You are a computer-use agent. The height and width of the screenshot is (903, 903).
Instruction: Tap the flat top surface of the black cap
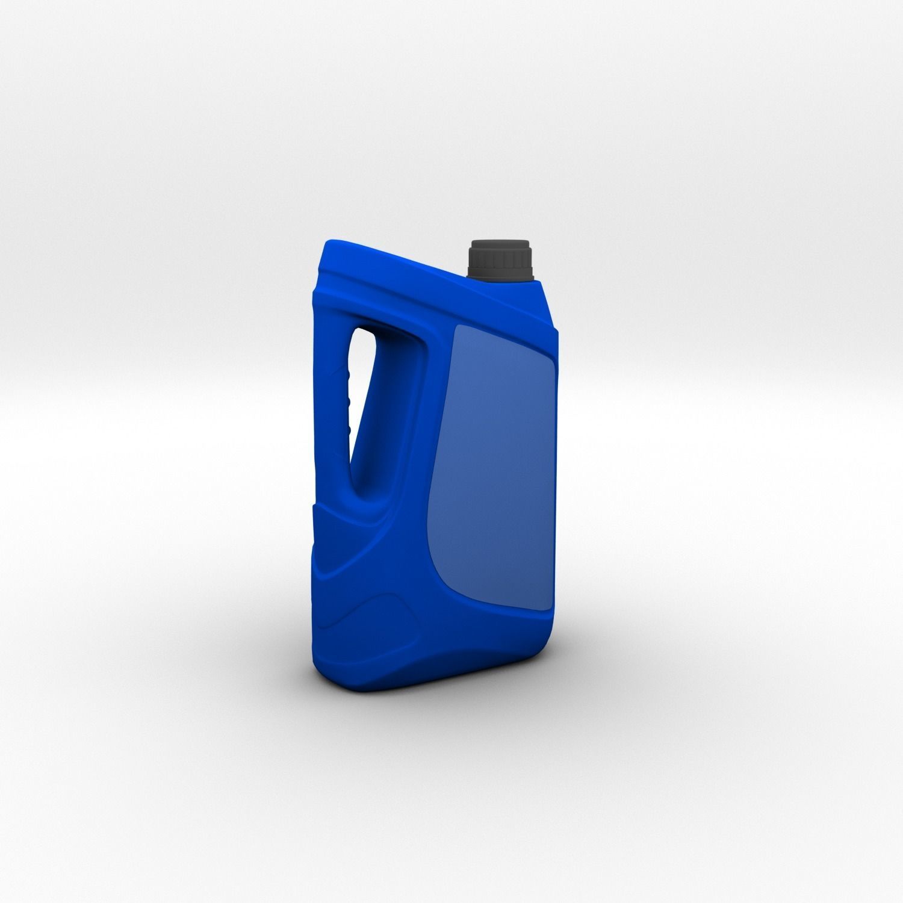500,243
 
